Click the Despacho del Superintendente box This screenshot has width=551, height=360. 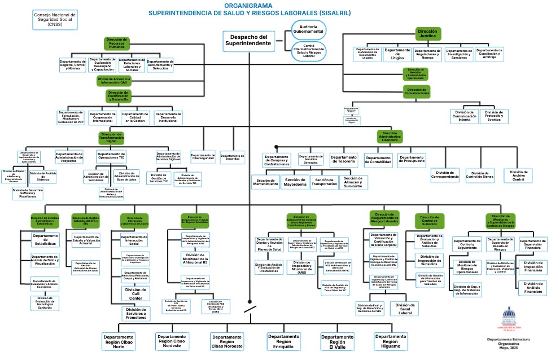pyautogui.click(x=248, y=39)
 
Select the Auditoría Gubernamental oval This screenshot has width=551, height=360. pyautogui.click(x=308, y=28)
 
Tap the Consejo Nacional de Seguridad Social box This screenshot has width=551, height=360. pyautogui.click(x=55, y=18)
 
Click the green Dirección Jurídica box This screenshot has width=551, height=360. pyautogui.click(x=428, y=33)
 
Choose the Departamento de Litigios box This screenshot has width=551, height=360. pyautogui.click(x=397, y=54)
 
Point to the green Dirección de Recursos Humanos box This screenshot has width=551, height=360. pyautogui.click(x=116, y=43)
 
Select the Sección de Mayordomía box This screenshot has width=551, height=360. pyautogui.click(x=295, y=182)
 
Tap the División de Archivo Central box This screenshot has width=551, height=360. pyautogui.click(x=518, y=175)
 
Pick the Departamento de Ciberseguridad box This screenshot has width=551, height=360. pyautogui.click(x=203, y=157)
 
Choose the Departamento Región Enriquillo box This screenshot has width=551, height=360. pyautogui.click(x=283, y=341)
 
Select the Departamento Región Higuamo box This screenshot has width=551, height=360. pyautogui.click(x=390, y=341)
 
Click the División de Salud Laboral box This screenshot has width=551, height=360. pyautogui.click(x=404, y=308)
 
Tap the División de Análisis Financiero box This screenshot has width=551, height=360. pyautogui.click(x=532, y=288)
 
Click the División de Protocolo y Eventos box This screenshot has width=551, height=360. pyautogui.click(x=494, y=116)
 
